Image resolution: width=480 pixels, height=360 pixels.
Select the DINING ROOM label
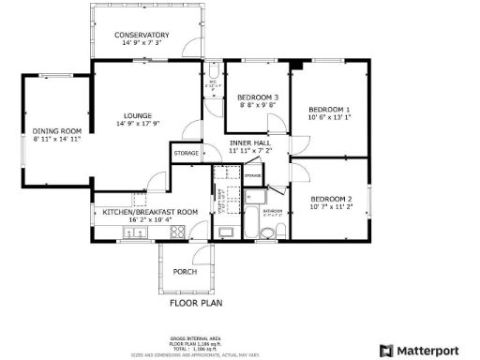[57, 130]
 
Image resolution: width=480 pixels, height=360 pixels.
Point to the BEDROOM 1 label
[329, 110]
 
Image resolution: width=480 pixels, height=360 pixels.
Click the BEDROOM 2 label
[331, 199]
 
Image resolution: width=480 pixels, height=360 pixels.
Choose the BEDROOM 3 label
[257, 97]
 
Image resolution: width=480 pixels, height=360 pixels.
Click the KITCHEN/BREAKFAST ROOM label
[150, 212]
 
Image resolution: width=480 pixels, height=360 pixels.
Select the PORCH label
[185, 272]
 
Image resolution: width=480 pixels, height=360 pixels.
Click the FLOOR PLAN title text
[195, 304]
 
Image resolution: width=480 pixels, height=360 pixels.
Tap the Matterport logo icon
[385, 350]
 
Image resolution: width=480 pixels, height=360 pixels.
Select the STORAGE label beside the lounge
[186, 153]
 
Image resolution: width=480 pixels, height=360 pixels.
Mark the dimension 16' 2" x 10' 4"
[150, 220]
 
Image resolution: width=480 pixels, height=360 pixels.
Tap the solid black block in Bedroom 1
[296, 65]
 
